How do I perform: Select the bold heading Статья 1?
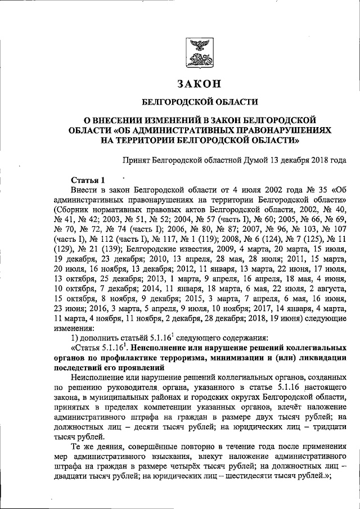(89, 180)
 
